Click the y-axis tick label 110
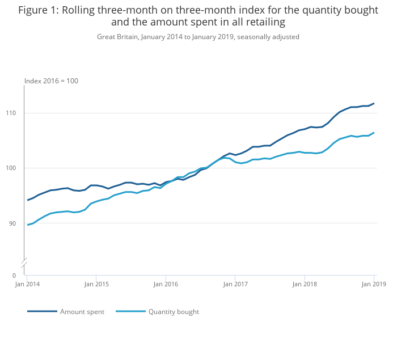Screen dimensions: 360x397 tap(11, 113)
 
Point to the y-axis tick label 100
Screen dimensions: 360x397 tap(11, 168)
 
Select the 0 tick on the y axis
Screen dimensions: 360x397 tap(14, 276)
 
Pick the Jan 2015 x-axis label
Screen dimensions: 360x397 tap(96, 284)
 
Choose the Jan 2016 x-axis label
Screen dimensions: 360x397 tap(166, 284)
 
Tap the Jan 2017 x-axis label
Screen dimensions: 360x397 tap(235, 284)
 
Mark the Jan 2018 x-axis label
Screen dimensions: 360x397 tap(305, 284)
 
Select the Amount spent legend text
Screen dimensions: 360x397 tap(82, 312)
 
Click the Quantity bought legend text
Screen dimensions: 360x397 tap(174, 312)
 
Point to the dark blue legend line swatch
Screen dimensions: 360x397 tap(42, 311)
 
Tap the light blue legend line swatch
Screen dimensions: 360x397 tap(130, 311)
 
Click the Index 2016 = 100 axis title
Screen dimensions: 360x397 tap(51, 81)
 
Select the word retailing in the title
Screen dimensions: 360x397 tap(263, 23)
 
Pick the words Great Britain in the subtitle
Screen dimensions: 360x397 tap(117, 37)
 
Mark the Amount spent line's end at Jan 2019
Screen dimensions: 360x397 tap(374, 103)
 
